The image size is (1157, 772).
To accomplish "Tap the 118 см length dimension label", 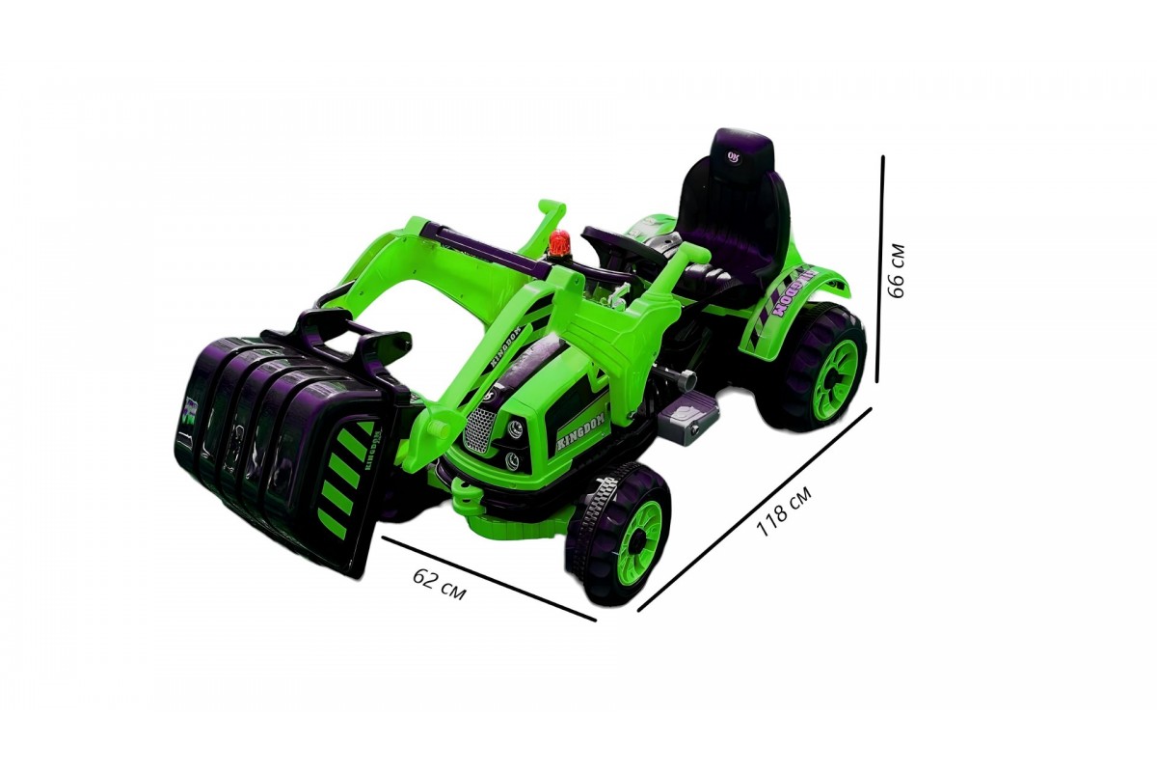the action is pyautogui.click(x=785, y=511).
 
